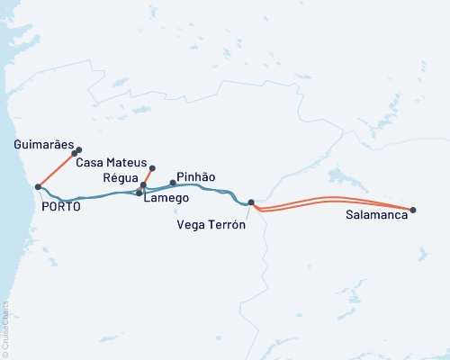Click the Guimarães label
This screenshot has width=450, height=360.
click(x=43, y=144)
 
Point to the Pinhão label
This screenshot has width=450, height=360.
click(x=195, y=177)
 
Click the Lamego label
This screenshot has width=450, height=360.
click(x=166, y=197)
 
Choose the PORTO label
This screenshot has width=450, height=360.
click(x=61, y=206)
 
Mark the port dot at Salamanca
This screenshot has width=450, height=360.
click(x=413, y=210)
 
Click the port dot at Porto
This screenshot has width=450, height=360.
click(x=38, y=187)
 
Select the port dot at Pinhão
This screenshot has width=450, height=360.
click(x=173, y=183)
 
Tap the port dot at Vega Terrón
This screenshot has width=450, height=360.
click(x=251, y=202)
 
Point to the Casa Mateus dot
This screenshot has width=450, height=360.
click(x=152, y=168)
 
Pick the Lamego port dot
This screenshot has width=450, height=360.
click(x=139, y=193)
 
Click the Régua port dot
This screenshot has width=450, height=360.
click(x=143, y=184)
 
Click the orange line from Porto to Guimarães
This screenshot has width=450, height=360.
click(x=56, y=170)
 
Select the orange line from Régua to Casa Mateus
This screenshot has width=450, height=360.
click(x=148, y=176)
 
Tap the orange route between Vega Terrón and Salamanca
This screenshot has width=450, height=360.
click(x=333, y=199)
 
